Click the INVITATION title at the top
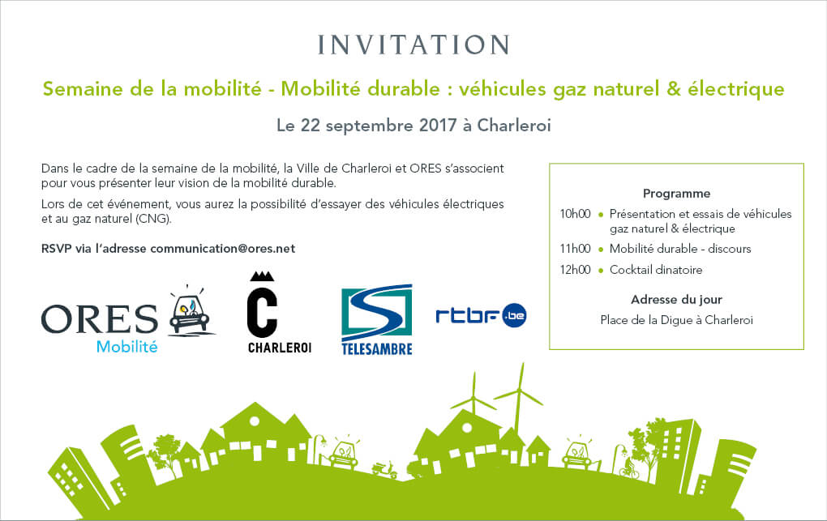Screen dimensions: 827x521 pos(413,45)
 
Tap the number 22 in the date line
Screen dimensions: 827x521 pos(310,126)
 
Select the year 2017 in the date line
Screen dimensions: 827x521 pos(438,126)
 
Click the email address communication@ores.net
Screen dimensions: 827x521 pos(223,249)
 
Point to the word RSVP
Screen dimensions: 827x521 pos(56,249)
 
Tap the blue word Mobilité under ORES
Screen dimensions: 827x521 pos(127,347)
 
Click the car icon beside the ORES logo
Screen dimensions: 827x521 pos(191,311)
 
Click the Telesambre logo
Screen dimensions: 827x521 pos(376,319)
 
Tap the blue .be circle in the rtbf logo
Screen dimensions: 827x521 pos(514,315)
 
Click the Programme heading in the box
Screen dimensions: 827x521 pos(676,194)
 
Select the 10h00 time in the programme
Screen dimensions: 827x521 pos(575,214)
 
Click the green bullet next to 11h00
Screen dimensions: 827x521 pos(600,250)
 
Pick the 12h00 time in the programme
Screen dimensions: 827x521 pos(575,270)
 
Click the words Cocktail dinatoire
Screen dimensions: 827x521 pos(656,270)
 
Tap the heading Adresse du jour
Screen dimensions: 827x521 pos(676,300)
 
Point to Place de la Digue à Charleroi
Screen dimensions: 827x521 pos(676,320)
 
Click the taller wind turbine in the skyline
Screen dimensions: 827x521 pos(520,401)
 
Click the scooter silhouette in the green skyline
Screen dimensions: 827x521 pos(384,469)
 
